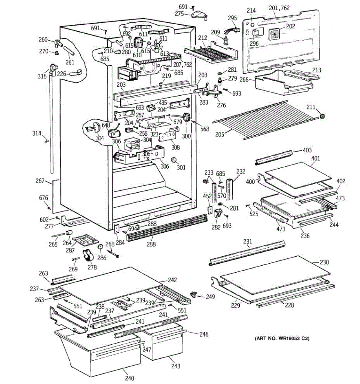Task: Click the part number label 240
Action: click(x=130, y=378)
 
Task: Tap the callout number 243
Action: click(x=175, y=366)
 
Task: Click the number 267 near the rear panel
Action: click(x=40, y=181)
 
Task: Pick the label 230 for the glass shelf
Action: click(x=324, y=262)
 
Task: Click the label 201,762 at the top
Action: click(x=279, y=8)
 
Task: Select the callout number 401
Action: click(x=315, y=158)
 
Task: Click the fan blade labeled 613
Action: click(x=156, y=46)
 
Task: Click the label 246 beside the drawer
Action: click(x=204, y=334)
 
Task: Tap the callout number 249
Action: click(x=210, y=297)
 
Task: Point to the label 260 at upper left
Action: click(x=43, y=40)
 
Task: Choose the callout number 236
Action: click(x=305, y=236)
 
